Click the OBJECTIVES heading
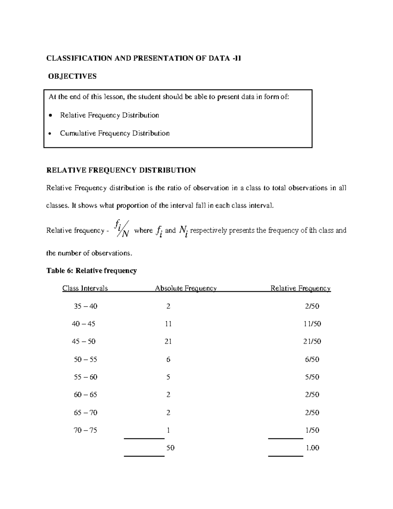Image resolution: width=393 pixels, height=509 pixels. (72, 76)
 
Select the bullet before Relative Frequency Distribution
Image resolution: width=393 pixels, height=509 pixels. (50, 115)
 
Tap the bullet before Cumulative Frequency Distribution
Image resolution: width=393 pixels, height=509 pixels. (50, 133)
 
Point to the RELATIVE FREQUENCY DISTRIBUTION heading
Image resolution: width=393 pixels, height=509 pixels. (121, 170)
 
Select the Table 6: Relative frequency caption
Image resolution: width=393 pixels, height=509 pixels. (91, 271)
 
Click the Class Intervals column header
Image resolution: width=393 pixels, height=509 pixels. (85, 288)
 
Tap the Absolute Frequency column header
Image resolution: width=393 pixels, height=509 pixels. (186, 288)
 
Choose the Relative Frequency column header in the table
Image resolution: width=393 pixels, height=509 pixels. (300, 288)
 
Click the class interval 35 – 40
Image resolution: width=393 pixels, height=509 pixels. (85, 306)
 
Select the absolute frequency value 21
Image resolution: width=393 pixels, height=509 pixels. (168, 342)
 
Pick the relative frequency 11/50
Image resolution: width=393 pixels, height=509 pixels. (312, 324)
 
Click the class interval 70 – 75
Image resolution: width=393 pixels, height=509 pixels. (85, 430)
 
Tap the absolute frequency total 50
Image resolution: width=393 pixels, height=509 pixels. (170, 448)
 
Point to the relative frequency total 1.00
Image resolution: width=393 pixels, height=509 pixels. (312, 448)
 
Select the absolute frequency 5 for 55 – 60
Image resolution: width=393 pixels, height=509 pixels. (168, 377)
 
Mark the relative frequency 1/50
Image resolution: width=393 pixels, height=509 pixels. (312, 430)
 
